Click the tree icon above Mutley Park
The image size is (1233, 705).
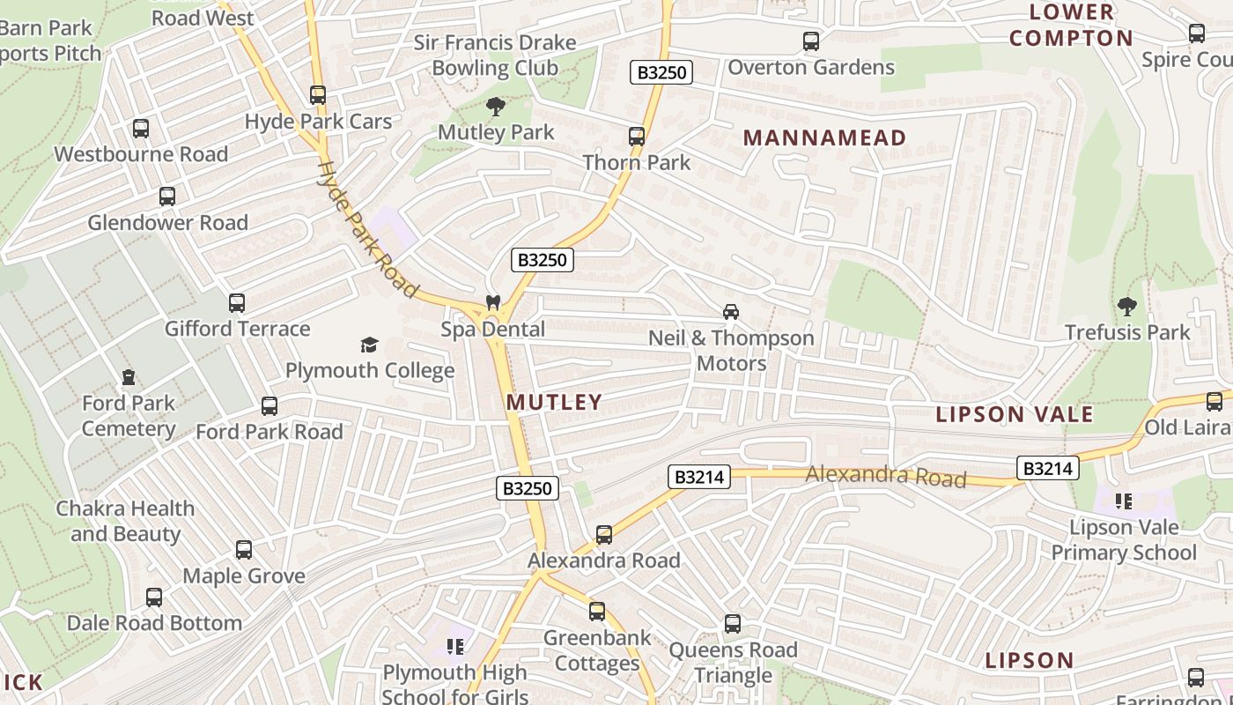coord(496,108)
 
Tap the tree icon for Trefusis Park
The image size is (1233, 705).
coord(1126,307)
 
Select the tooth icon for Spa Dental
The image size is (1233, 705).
coord(493,303)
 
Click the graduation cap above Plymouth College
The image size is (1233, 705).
coord(369,345)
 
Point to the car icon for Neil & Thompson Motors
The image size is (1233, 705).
coord(730,312)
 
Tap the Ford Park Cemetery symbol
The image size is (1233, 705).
coord(129,377)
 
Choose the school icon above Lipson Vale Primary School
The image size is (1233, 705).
coord(1123,501)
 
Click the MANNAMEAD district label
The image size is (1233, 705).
coord(824,137)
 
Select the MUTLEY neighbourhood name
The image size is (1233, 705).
coord(554,403)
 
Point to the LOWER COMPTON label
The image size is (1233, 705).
coord(1071,26)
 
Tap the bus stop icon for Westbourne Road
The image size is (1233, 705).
coord(141,129)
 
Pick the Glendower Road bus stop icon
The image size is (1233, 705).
coord(167,197)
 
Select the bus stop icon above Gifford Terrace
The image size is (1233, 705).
coord(237,303)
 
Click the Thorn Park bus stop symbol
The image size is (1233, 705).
coord(637,137)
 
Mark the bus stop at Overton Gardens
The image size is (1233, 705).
coord(811,41)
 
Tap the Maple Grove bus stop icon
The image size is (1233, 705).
coord(244,550)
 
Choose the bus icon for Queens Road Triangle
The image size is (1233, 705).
coord(733,624)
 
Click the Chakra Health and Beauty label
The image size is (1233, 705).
coord(125,521)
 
